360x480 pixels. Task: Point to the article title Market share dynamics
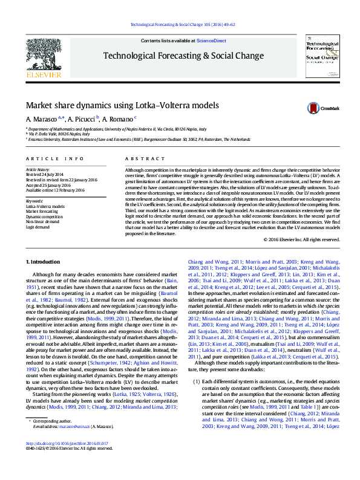[122, 105]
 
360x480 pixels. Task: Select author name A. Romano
[118, 118]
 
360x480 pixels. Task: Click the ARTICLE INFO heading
[55, 159]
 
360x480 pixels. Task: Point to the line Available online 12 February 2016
[55, 190]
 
